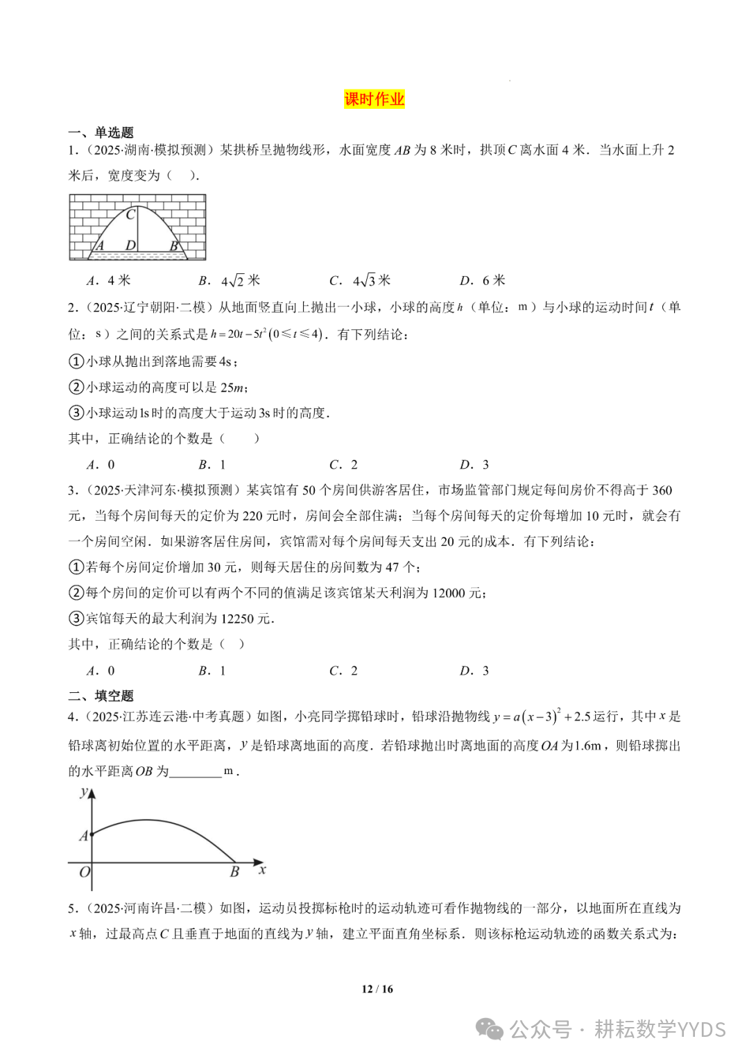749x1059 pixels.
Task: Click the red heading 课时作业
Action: coord(374,99)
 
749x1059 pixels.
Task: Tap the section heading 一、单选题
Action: coord(101,132)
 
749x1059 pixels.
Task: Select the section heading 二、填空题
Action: coord(101,696)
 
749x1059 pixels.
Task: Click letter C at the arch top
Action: coord(130,215)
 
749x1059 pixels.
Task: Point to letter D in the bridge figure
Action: coord(130,246)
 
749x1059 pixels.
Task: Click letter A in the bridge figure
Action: coord(99,246)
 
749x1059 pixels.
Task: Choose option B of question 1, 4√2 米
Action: coord(230,280)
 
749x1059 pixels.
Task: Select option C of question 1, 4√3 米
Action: coord(361,280)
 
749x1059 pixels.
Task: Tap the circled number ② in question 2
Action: coord(76,387)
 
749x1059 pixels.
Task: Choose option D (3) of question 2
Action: coord(475,465)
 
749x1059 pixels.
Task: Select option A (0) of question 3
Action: coord(101,671)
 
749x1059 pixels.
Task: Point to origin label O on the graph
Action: coord(85,872)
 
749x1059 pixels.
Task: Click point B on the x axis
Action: coord(234,872)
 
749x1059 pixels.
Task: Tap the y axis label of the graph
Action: coord(84,792)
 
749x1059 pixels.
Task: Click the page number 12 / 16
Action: coord(377,989)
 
